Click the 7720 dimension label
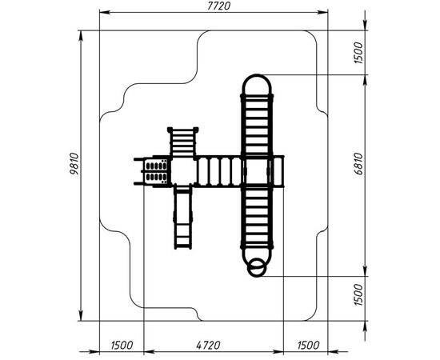219,6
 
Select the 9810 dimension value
75,164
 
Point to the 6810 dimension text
358,164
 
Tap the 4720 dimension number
208,345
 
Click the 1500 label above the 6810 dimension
358,53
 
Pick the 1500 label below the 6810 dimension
358,294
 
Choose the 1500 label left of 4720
122,345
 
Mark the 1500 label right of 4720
308,345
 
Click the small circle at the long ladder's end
256,268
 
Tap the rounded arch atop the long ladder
257,75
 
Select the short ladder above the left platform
183,142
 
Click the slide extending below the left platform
183,217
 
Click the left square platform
183,171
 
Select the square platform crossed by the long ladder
257,171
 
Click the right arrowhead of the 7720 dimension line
322,12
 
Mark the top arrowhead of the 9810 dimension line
81,36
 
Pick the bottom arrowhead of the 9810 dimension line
81,315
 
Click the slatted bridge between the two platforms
219,171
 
